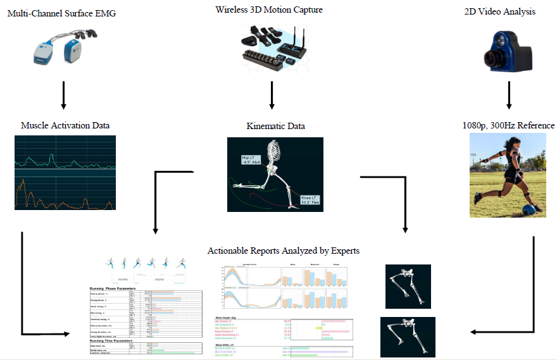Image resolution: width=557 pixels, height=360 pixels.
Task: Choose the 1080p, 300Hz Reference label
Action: click(509, 125)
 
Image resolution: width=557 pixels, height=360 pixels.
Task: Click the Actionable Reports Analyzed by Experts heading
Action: click(283, 251)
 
